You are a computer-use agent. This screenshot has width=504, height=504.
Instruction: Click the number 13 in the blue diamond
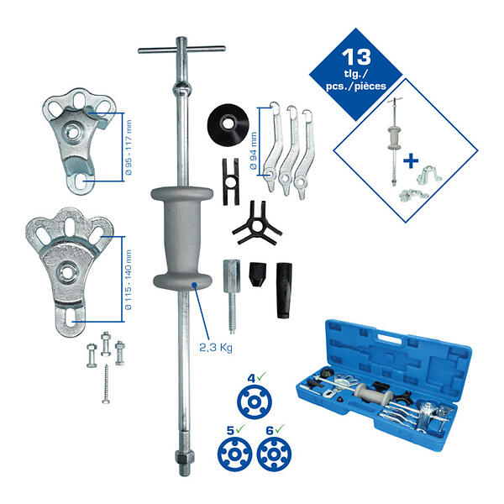click(x=356, y=57)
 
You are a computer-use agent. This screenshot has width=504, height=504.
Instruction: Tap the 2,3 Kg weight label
click(x=216, y=348)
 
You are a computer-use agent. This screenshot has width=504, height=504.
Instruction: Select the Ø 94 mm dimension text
click(x=254, y=150)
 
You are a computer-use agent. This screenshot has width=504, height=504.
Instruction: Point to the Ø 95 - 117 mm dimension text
click(x=129, y=147)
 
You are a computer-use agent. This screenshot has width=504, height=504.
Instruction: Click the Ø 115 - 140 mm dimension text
click(x=128, y=280)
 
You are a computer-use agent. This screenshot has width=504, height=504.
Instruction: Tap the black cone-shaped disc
click(x=228, y=124)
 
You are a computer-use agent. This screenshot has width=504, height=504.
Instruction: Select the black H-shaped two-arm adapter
click(x=231, y=181)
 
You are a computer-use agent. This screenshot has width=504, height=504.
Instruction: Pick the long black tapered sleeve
click(x=284, y=291)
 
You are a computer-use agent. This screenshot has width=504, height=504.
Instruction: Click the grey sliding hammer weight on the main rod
click(x=182, y=238)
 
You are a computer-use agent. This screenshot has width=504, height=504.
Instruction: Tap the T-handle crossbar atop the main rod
click(x=181, y=50)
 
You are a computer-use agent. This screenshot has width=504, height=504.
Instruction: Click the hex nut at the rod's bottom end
click(x=185, y=455)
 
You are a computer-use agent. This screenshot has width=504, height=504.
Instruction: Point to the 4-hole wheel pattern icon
click(x=255, y=402)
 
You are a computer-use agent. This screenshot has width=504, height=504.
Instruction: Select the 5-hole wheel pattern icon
click(x=234, y=454)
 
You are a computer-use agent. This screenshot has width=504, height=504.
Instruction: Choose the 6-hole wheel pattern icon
click(x=274, y=454)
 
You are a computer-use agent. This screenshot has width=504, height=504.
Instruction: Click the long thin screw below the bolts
click(x=106, y=384)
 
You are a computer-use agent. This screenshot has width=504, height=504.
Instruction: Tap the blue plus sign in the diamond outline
click(x=411, y=160)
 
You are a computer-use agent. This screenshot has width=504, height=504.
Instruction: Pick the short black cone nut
click(x=258, y=274)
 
